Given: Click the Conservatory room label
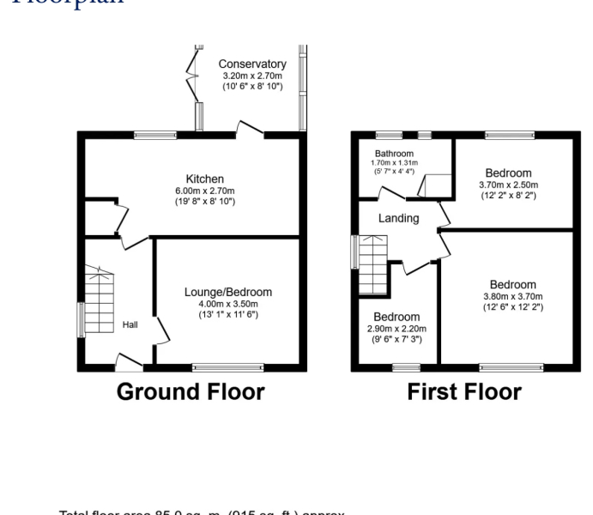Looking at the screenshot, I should tap(251, 64).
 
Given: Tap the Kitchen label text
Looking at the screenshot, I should tap(204, 179).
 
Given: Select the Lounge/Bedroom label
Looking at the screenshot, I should tap(227, 292).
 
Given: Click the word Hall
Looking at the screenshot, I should tap(130, 324).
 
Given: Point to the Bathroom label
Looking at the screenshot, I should tap(394, 153).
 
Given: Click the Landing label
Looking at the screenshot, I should tap(399, 218).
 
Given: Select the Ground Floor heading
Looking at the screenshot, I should tap(190, 392).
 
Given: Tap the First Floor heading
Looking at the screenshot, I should tap(463, 392).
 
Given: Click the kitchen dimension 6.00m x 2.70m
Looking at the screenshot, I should tap(204, 191).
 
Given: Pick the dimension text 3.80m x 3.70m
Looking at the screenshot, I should tap(512, 296).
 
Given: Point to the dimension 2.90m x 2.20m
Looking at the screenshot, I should tap(396, 328).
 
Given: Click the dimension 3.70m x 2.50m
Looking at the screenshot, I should tap(508, 184).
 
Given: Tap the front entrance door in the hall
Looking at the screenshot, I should tap(129, 362).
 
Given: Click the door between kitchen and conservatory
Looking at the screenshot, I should tap(251, 130).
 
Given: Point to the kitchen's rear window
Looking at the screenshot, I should tap(155, 134).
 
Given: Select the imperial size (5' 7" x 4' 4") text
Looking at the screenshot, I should tap(394, 171).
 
